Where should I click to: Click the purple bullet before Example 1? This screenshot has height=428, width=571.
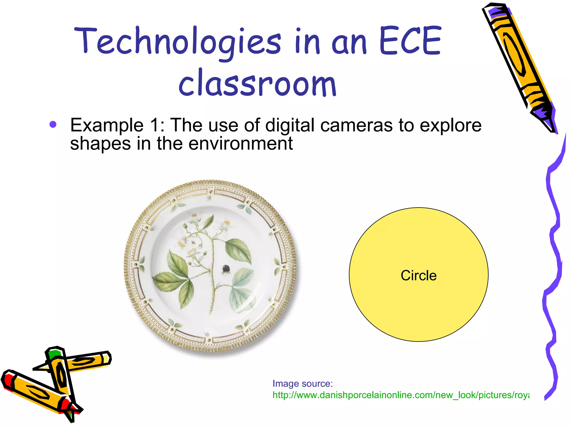coord(53,125)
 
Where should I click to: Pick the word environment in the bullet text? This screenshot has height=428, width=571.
coord(240,143)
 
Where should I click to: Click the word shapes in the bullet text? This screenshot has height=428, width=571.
coord(100,144)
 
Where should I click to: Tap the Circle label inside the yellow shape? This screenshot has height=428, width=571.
coord(418,275)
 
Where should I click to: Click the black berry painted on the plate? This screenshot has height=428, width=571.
coord(226,269)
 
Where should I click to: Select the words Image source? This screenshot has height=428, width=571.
coord(303,384)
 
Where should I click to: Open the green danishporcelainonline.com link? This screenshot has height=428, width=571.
coord(400,395)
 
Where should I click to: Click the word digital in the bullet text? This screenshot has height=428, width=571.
coord(290,125)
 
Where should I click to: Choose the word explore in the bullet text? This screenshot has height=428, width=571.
coord(450,125)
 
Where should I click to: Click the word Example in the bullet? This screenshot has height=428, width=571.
coord(107,125)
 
